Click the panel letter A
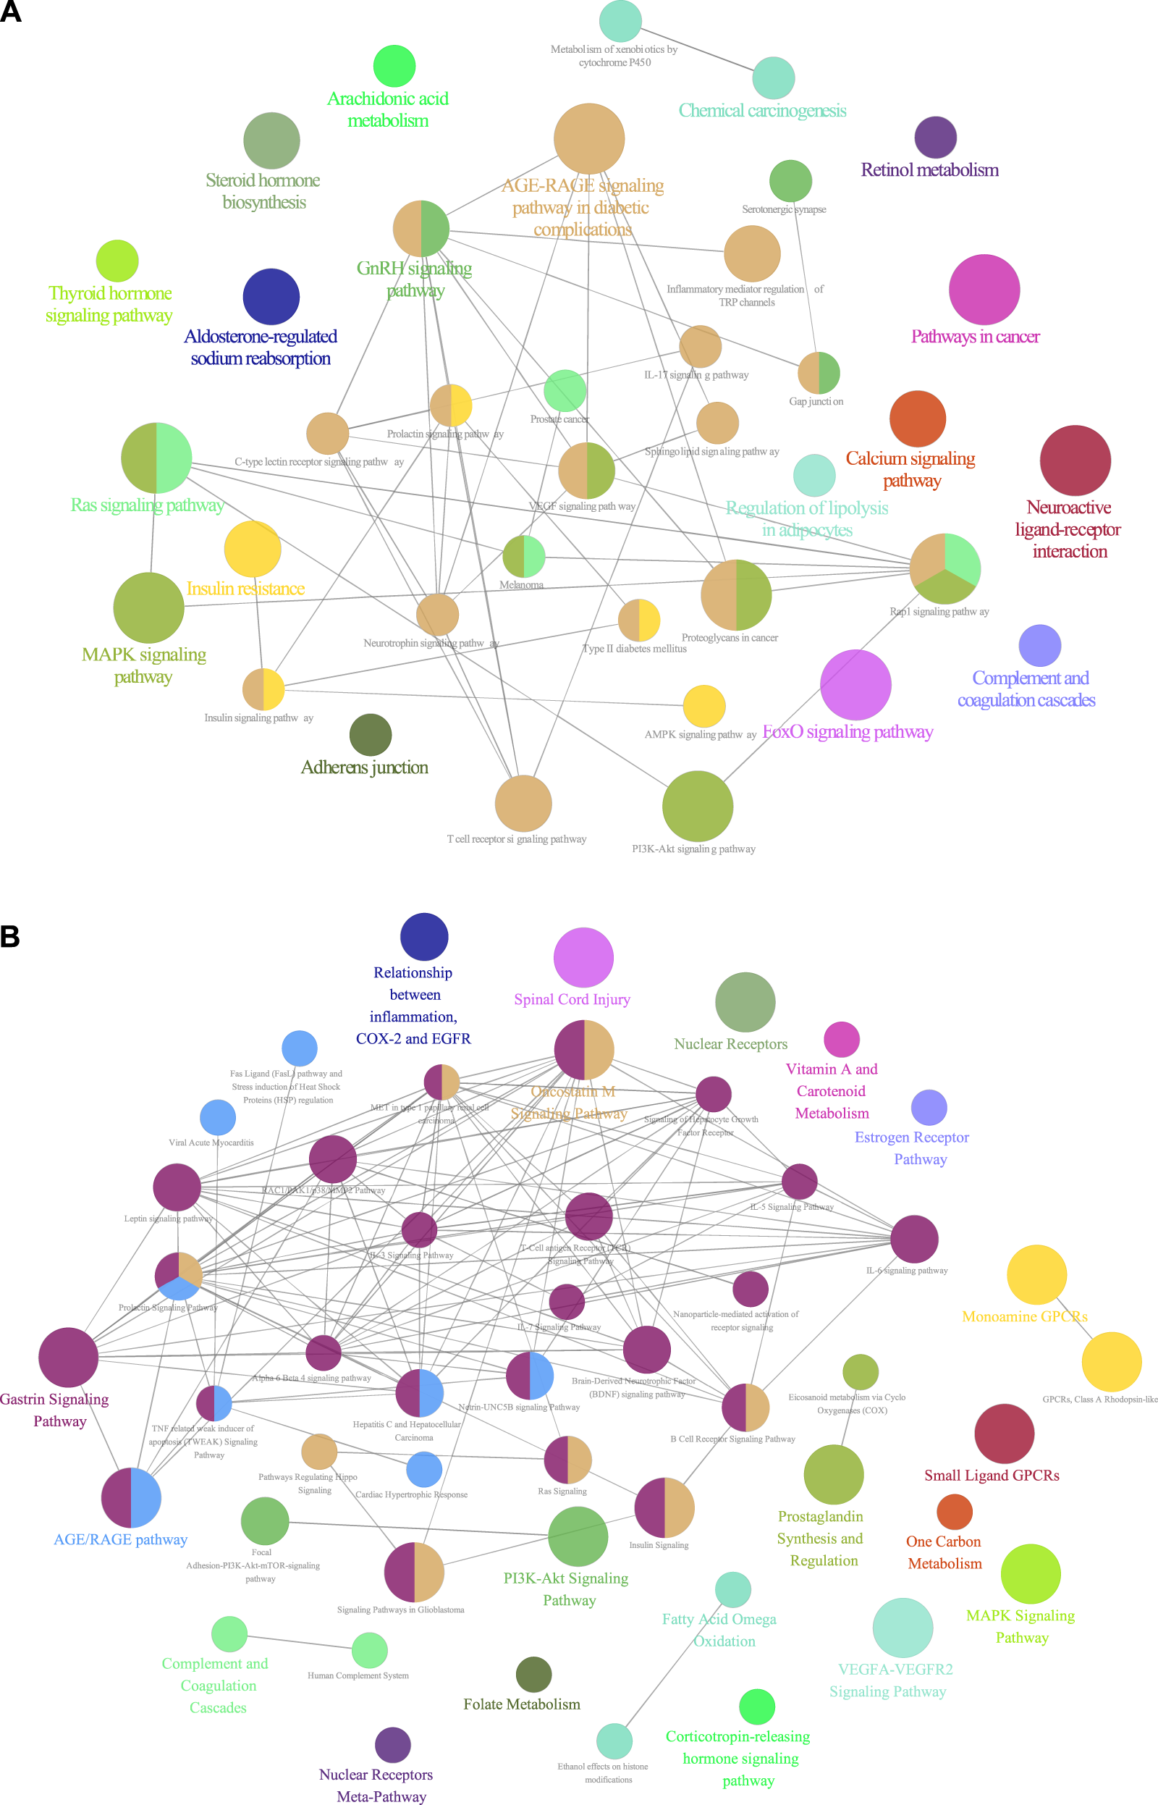click(11, 12)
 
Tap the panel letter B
click(10, 936)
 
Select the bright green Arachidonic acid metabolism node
click(394, 66)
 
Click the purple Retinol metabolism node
click(935, 138)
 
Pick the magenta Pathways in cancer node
click(984, 290)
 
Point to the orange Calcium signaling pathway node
click(918, 419)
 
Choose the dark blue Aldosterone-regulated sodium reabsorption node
click(271, 297)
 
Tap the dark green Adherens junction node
click(370, 735)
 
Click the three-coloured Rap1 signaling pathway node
click(944, 568)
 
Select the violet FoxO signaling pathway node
click(855, 685)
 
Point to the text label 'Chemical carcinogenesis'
click(761, 112)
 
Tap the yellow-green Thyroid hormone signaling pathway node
click(117, 261)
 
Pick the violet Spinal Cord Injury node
click(583, 957)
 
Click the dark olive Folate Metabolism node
click(534, 1675)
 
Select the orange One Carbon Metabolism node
click(954, 1512)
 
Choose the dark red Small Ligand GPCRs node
click(1004, 1434)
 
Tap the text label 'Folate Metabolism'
click(521, 1705)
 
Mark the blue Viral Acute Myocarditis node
click(217, 1118)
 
